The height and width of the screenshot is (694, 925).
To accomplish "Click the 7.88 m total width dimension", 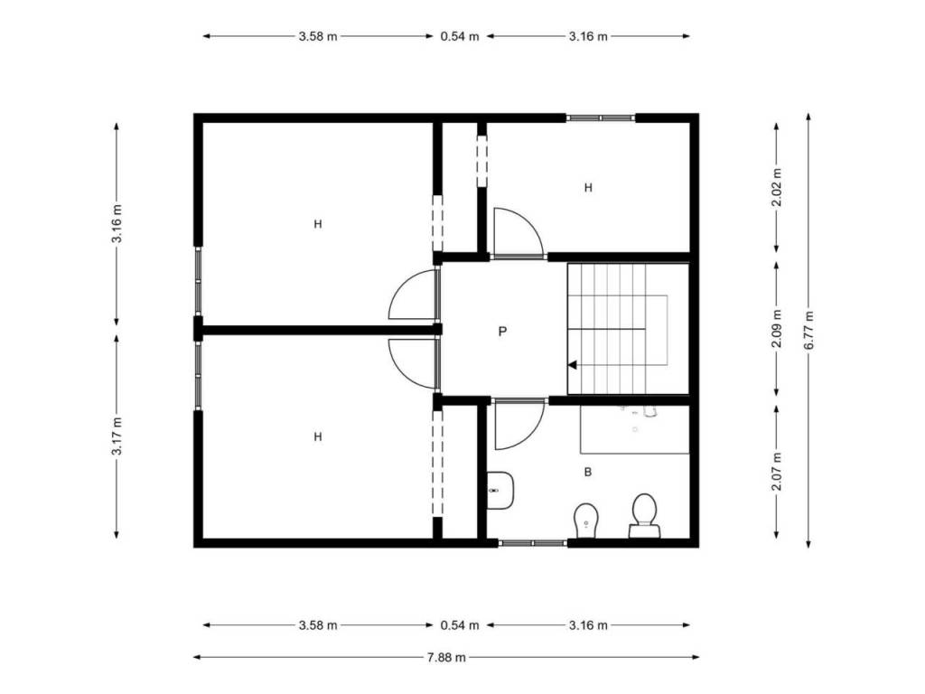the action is coord(446,657).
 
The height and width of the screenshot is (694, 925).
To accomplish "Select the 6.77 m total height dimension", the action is coord(808,331).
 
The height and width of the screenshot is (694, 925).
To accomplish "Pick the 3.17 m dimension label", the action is coord(117,436).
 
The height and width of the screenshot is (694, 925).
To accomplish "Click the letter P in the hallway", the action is coord(502,331).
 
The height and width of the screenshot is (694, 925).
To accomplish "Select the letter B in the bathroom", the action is coord(587,472).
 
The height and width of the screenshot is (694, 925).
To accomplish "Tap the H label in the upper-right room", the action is coord(587,188).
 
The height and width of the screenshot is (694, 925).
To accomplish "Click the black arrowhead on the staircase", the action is coord(572,365).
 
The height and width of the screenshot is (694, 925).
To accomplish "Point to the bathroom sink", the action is coord(500,491).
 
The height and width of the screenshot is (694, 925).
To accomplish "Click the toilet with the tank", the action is coord(645,515).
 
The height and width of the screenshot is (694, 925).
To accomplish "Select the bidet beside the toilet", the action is coord(585,520).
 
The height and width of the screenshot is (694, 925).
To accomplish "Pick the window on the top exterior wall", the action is coord(601,118).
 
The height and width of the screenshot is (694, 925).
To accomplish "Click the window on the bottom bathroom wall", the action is coord(533,543).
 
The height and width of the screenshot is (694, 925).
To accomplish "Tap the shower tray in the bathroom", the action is coord(635,429).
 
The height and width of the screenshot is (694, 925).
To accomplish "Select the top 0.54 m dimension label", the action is coord(460,36).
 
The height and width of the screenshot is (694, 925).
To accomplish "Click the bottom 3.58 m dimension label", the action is coord(318,625).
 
